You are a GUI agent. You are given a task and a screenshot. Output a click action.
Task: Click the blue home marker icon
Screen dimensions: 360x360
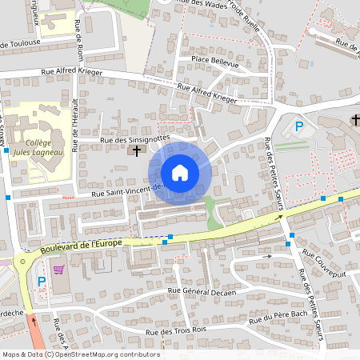pos(180,173)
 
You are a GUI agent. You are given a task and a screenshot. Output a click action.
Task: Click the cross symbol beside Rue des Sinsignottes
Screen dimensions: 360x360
pos(136,150)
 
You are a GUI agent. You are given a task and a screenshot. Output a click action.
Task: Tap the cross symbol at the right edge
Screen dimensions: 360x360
pos(354,120)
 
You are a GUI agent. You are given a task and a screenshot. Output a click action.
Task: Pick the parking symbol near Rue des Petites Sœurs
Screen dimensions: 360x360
pos(299,126)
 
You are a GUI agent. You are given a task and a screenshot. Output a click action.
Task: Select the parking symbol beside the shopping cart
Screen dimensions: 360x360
pos(41,281)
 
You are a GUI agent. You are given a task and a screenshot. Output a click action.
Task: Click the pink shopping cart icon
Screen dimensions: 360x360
pos(58,270)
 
